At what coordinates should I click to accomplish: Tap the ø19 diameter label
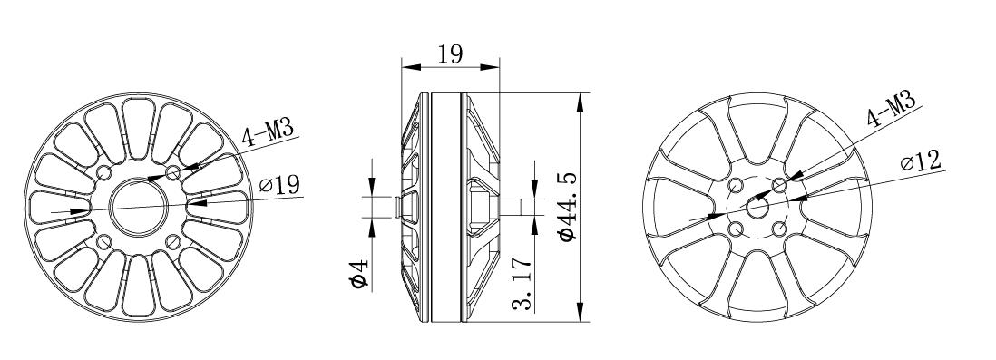pyautogui.click(x=280, y=185)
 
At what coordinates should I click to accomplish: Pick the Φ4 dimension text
pyautogui.click(x=360, y=273)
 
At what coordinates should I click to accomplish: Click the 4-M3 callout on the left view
pyautogui.click(x=268, y=134)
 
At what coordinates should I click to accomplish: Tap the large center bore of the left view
pyautogui.click(x=139, y=207)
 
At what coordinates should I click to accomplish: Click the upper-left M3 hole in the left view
pyautogui.click(x=103, y=172)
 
